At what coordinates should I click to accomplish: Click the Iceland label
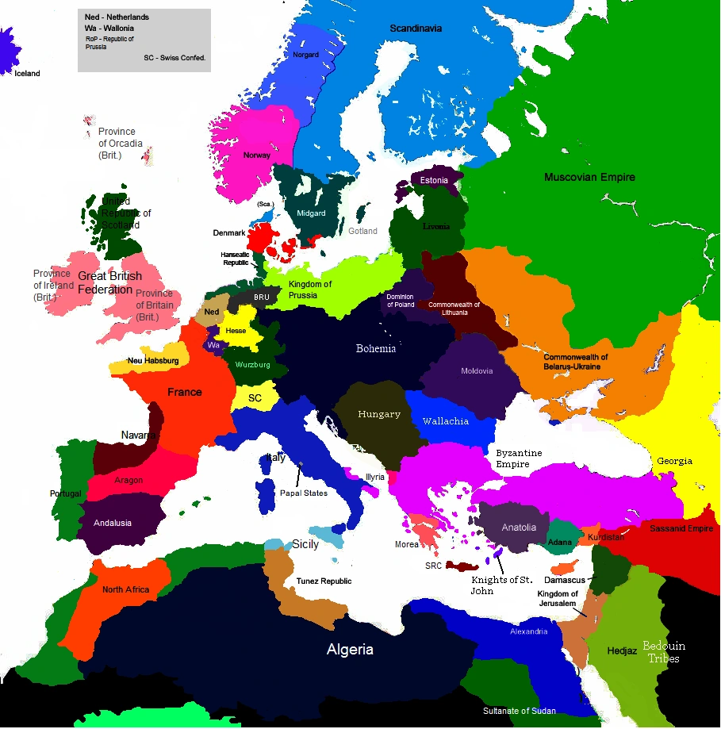point(27,74)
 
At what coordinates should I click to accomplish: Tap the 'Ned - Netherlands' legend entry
point(117,17)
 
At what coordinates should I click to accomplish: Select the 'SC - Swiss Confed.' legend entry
point(174,58)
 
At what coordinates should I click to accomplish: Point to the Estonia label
point(434,180)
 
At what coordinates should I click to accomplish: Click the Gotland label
point(362,231)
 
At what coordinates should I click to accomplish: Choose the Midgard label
point(311,213)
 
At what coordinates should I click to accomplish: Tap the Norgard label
point(305,55)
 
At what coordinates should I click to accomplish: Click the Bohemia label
point(376,349)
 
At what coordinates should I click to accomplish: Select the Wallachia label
point(445,421)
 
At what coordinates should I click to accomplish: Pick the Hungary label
point(379,414)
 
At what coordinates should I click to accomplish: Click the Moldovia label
point(477,370)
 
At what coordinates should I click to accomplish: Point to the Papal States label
point(304,493)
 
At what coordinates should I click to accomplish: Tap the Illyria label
point(375,477)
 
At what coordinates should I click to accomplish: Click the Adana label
point(560,542)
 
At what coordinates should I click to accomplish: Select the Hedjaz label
point(622,650)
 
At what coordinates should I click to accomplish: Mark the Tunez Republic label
point(324,581)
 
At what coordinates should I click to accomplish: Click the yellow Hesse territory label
point(236,330)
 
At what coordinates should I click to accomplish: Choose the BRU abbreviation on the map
point(262,297)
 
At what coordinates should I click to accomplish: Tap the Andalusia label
point(113,523)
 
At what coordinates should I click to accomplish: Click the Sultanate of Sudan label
point(520,710)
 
